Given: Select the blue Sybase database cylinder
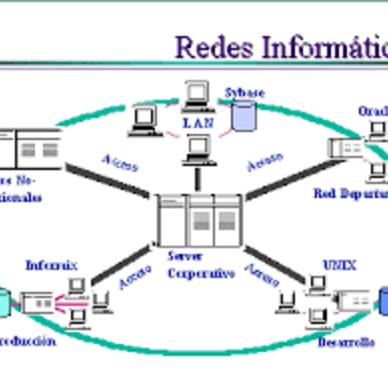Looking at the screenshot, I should pos(242,115).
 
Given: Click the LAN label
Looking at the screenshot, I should pos(196,123).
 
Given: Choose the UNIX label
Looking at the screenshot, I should pos(334,263).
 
